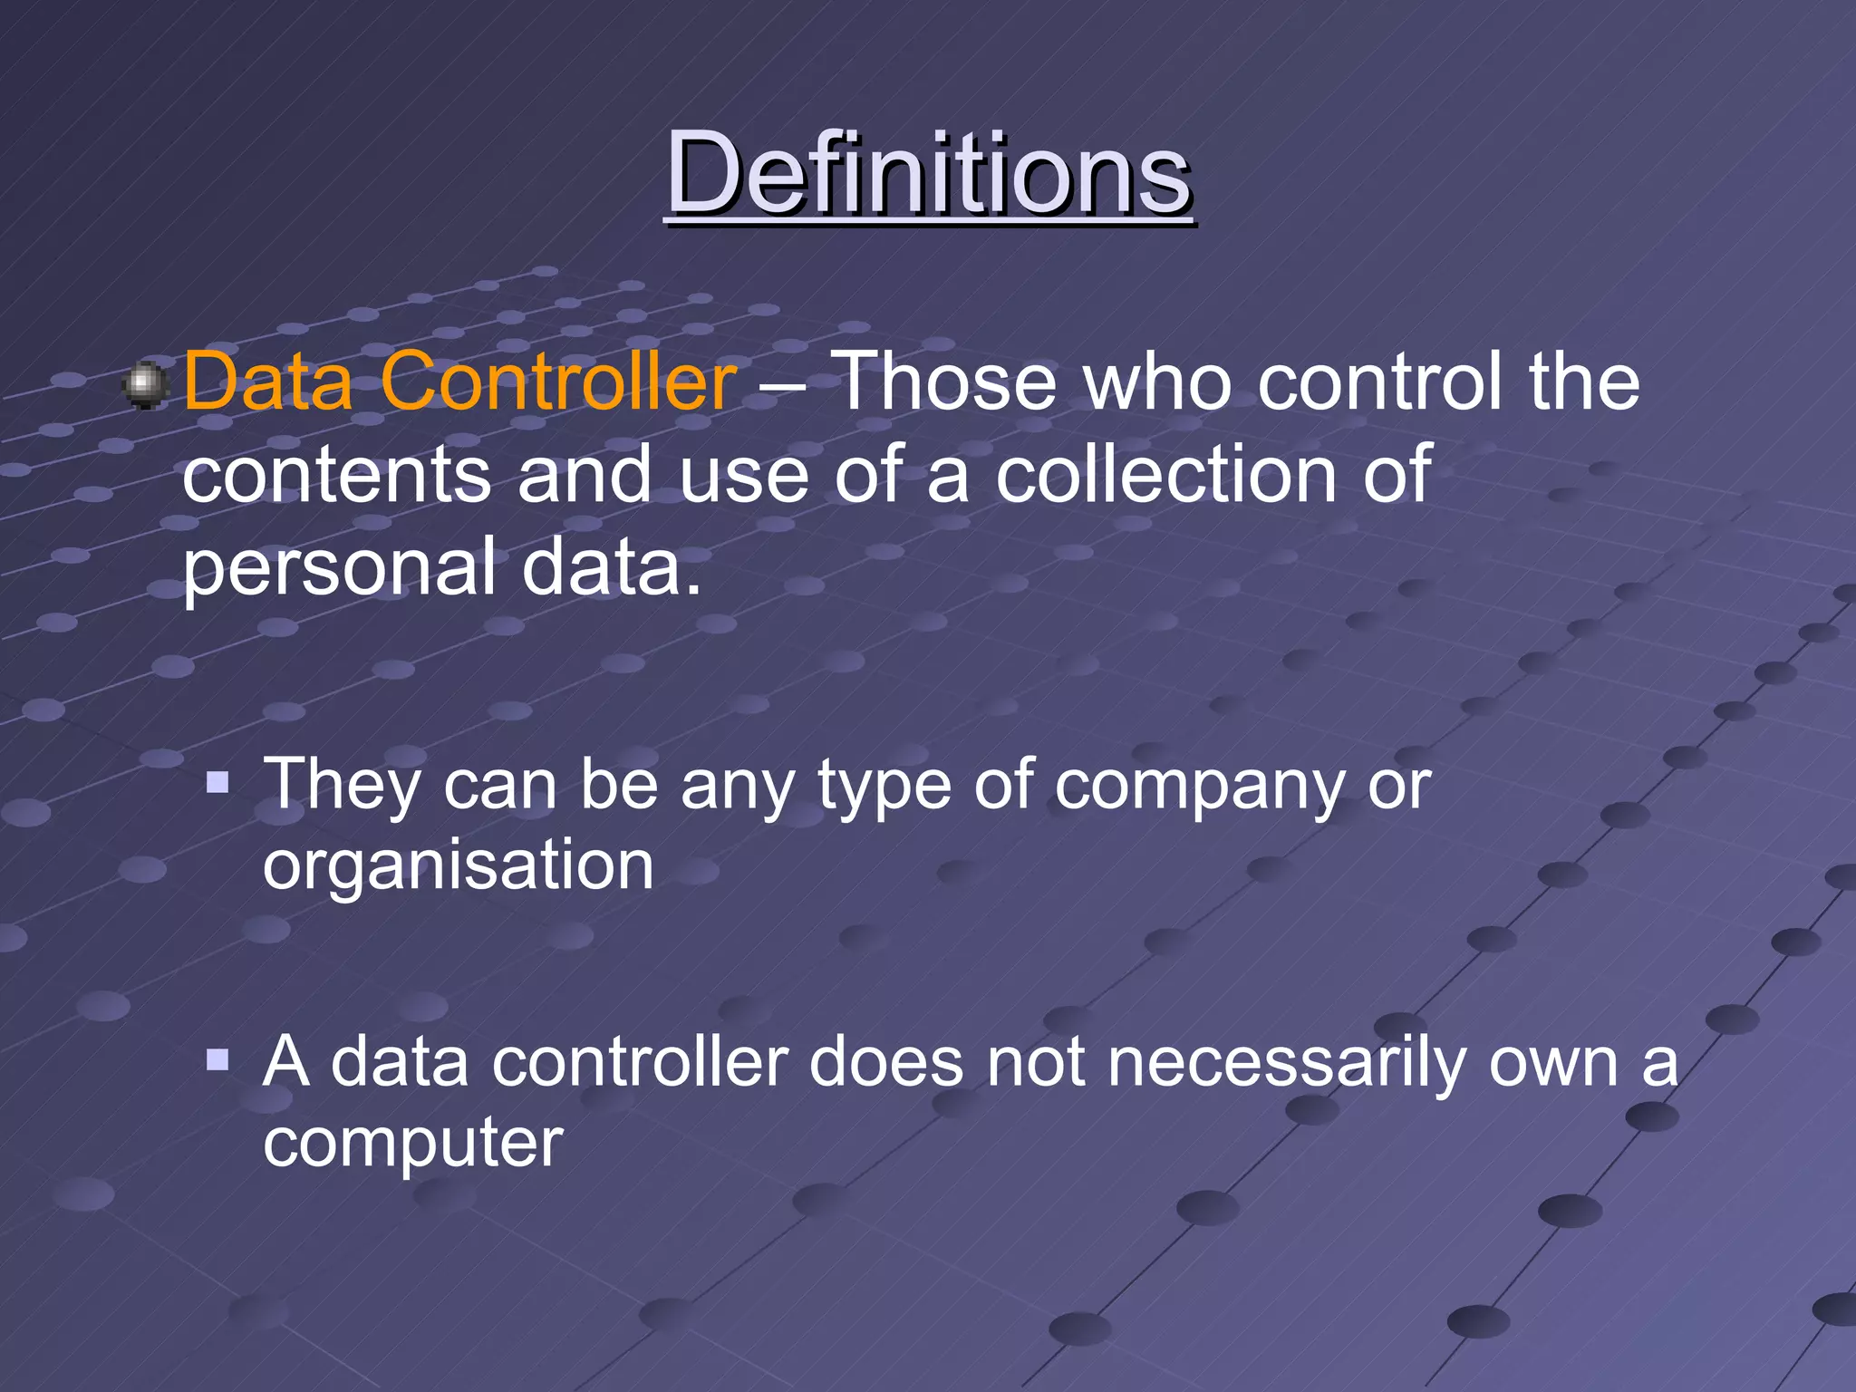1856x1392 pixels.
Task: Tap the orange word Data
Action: tap(268, 382)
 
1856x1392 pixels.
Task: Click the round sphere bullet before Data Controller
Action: tap(144, 385)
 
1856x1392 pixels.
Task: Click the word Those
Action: tap(943, 382)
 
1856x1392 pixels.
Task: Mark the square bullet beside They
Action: tap(217, 782)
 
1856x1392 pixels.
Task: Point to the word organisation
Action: tap(459, 866)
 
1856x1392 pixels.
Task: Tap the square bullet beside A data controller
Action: tap(217, 1058)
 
